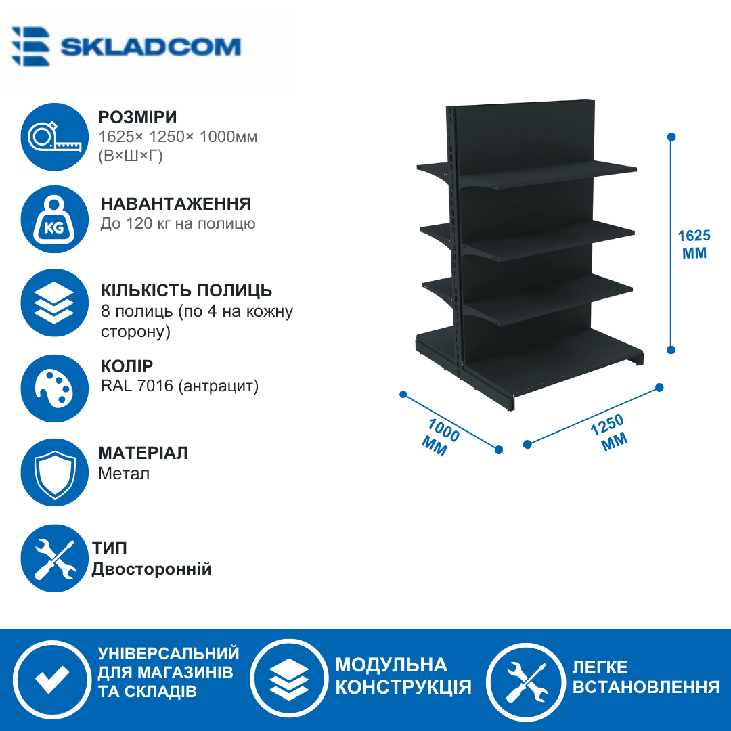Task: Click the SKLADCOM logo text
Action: [150, 47]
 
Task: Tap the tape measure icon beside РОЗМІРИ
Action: [55, 137]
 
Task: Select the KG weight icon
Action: [55, 219]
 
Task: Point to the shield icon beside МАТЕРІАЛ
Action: [55, 472]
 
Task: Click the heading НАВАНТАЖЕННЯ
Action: [176, 204]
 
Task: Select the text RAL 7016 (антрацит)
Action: [179, 386]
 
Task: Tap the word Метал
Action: [124, 474]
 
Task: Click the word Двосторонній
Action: [152, 569]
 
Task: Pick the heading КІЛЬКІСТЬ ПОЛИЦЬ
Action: [186, 290]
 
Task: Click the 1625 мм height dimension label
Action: [694, 244]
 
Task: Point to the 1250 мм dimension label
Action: [610, 433]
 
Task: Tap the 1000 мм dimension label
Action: [440, 437]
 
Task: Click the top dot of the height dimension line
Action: [671, 137]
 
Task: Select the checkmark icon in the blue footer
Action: [52, 679]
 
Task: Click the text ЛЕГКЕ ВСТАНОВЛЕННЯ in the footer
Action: [646, 678]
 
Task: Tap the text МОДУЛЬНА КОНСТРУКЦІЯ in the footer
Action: [403, 676]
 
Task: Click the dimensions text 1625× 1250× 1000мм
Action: [177, 137]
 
